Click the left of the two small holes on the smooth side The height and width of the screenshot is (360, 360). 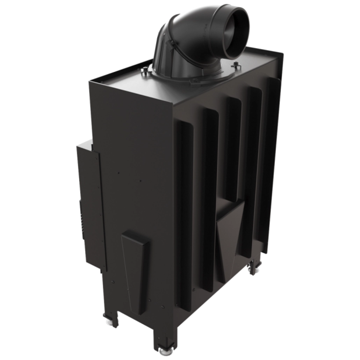click(x=119, y=172)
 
